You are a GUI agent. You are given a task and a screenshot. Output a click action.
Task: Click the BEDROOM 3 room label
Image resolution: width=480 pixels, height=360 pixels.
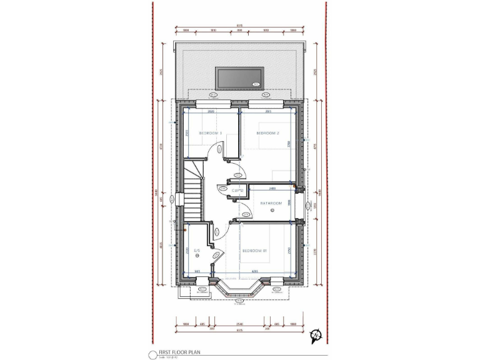211,133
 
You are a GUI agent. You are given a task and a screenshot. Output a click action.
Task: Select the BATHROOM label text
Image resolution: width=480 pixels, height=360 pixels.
271,203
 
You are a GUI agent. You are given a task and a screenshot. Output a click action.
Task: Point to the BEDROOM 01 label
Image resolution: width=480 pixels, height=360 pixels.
255,251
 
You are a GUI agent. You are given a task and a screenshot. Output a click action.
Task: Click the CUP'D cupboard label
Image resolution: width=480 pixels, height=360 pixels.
237,191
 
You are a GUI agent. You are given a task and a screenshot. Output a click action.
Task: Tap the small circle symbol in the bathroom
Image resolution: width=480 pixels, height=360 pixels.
272,212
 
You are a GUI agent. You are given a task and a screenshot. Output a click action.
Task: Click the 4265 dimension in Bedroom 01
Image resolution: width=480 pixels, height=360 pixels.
255,271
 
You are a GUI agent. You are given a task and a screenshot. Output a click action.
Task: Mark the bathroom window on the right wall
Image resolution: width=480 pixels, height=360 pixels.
304,203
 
